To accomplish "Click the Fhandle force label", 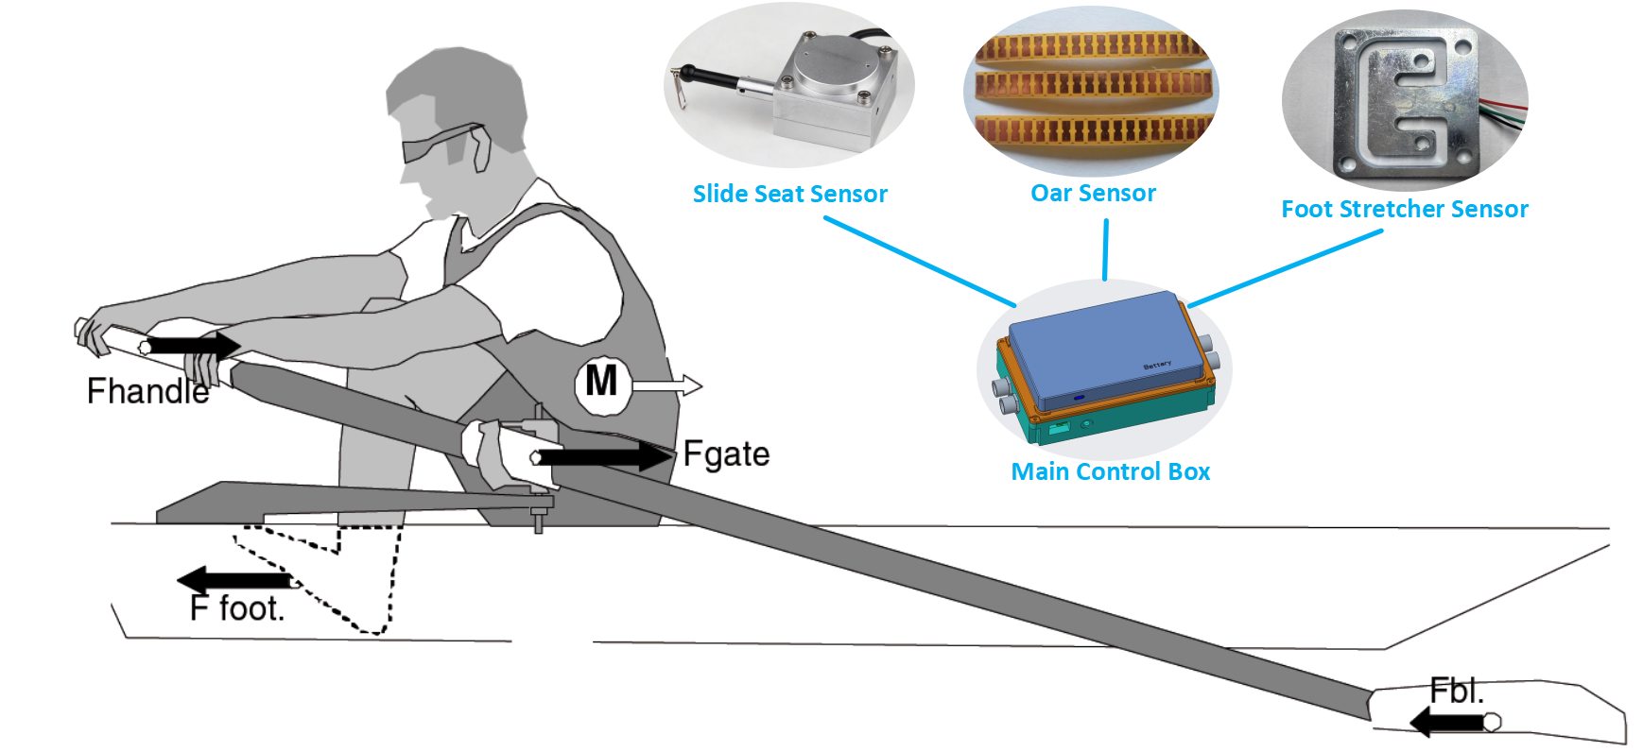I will (x=147, y=391).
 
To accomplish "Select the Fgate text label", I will (x=726, y=454).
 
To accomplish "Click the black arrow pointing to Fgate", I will (x=606, y=457).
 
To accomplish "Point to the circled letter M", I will (x=601, y=383).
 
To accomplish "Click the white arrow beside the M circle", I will (x=667, y=385).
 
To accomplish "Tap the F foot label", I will (x=236, y=608).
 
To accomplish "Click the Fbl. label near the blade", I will (x=1456, y=691).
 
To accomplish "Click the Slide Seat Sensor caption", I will (x=789, y=194).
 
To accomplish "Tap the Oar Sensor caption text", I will (x=1093, y=193).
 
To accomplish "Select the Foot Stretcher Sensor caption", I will (x=1404, y=209).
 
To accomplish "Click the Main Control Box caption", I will (x=1110, y=471).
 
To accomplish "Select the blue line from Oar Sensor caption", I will (x=1105, y=249).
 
